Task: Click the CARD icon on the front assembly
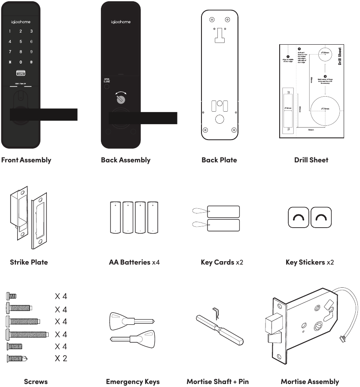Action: pos(21,73)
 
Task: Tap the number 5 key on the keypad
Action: pos(21,42)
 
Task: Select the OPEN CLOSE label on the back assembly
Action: pos(107,80)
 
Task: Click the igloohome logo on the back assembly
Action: pos(121,22)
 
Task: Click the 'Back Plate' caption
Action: pos(219,160)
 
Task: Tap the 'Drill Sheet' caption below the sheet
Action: pos(311,160)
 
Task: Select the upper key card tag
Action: pos(223,211)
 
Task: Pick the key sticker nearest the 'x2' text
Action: pos(320,218)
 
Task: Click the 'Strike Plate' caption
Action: pos(29,262)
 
